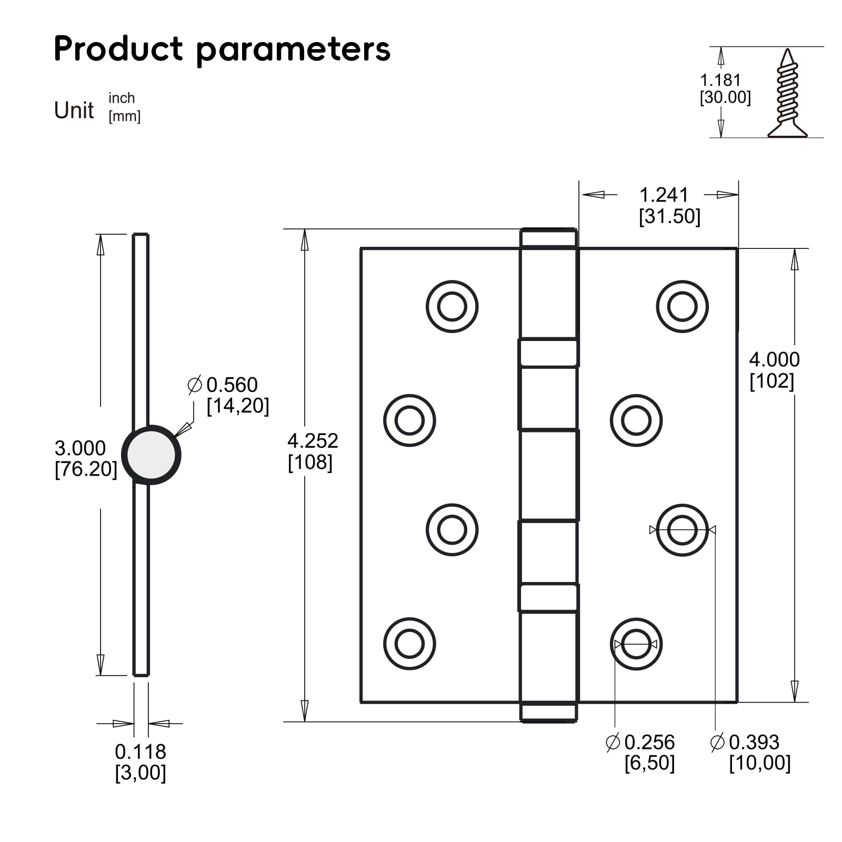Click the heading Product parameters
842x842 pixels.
[222, 49]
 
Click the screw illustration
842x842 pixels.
[787, 94]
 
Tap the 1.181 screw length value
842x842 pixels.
[720, 80]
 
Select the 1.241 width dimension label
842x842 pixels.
[664, 195]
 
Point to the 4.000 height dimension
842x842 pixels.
[774, 359]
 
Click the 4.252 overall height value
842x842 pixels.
[313, 440]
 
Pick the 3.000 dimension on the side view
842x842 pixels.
[80, 448]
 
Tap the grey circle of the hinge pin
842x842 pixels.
[151, 455]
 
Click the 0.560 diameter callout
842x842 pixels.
[231, 385]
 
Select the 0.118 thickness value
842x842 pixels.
[141, 751]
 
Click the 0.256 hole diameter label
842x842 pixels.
[648, 742]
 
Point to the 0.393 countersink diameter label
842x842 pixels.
[753, 742]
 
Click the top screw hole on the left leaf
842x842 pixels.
[452, 306]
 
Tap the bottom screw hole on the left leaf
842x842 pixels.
[409, 644]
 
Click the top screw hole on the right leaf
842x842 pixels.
[682, 306]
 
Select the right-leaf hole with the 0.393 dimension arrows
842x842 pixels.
[682, 530]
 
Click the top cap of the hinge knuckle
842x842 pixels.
[548, 238]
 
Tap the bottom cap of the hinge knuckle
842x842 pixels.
[548, 712]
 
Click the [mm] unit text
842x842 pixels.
[124, 116]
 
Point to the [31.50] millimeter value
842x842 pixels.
[669, 216]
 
